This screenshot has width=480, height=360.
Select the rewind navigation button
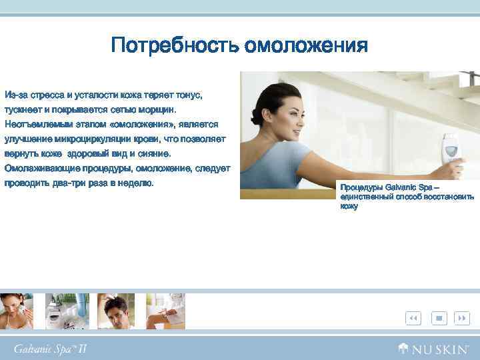pos(413,318)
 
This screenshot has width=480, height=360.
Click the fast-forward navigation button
pos(461,318)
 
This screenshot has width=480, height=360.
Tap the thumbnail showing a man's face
pos(116,311)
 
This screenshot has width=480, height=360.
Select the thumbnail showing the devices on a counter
pos(67,311)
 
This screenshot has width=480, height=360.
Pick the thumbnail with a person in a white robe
pos(165,311)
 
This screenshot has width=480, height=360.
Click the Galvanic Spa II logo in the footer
pos(50,348)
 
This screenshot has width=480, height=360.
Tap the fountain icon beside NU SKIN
pos(404,348)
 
